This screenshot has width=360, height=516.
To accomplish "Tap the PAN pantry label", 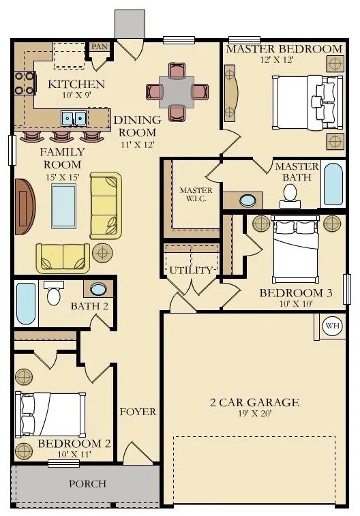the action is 100,46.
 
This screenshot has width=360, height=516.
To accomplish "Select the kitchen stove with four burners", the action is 25,83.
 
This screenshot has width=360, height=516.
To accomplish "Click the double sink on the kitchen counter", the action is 74,118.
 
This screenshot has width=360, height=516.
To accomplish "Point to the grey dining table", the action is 177,92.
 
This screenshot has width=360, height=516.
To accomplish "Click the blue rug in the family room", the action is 64,206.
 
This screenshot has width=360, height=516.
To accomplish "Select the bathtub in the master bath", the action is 333,184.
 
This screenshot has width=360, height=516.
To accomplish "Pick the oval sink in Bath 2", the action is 98,289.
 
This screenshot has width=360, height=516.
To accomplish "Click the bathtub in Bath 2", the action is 26,303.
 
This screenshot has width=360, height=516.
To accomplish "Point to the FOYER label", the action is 138,412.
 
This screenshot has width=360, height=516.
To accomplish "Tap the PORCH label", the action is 87,484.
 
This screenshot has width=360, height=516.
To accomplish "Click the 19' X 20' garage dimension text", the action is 255,413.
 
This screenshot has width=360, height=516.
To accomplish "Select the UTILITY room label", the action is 191,271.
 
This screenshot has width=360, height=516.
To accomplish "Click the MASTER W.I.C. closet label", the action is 196,194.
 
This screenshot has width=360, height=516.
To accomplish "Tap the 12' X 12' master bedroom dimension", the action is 277,59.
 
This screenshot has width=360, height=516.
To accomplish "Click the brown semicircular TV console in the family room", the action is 25,207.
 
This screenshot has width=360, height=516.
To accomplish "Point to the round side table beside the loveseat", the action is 103,253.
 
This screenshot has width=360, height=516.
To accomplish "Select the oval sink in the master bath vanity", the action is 247,200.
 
